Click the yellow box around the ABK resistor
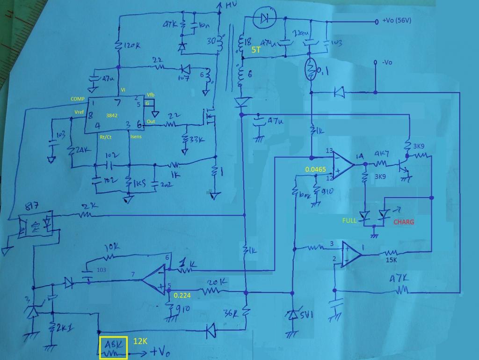click(113, 347)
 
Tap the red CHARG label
click(404, 222)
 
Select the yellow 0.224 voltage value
click(183, 295)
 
